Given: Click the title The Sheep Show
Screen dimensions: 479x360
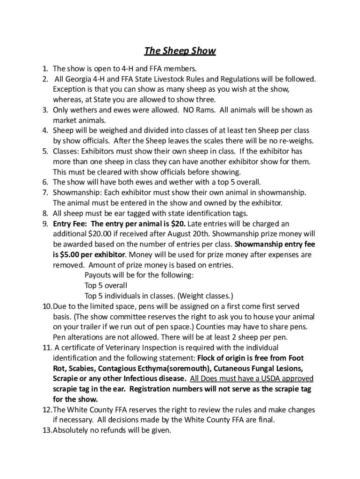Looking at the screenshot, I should [x=180, y=51].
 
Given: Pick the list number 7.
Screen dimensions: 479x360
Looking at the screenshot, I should [x=45, y=192].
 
